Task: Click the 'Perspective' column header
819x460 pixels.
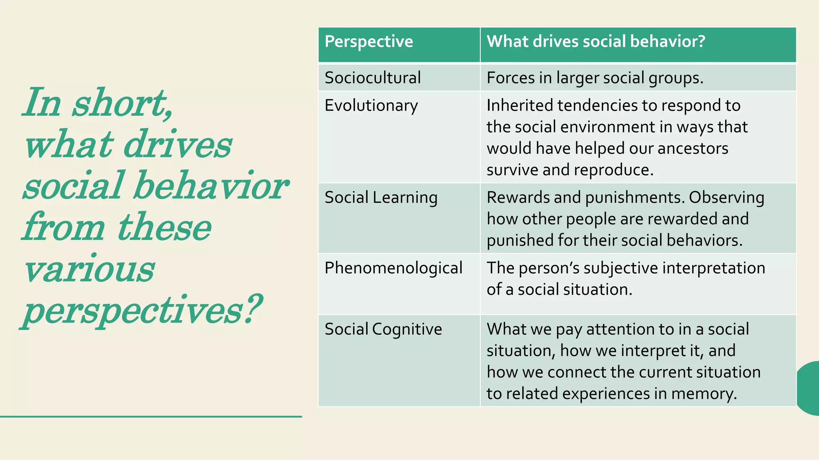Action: pyautogui.click(x=369, y=42)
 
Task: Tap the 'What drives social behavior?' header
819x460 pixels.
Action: pyautogui.click(x=596, y=42)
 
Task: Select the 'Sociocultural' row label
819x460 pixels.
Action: pyautogui.click(x=373, y=78)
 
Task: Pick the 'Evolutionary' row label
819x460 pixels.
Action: pyautogui.click(x=371, y=106)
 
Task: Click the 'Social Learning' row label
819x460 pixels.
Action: pyautogui.click(x=381, y=198)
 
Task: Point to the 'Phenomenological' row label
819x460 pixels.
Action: pyautogui.click(x=394, y=268)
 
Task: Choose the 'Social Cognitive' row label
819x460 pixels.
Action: pyautogui.click(x=383, y=329)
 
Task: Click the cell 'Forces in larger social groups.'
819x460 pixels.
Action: pyautogui.click(x=595, y=78)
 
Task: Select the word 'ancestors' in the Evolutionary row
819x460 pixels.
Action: pyautogui.click(x=693, y=149)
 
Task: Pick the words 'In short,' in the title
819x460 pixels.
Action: pyautogui.click(x=98, y=103)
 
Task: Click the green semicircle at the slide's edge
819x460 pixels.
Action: pyautogui.click(x=809, y=388)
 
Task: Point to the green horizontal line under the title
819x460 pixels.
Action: pyautogui.click(x=151, y=416)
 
